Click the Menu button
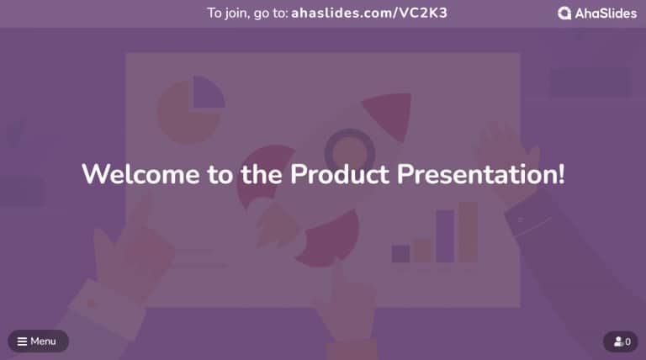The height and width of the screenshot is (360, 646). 38,341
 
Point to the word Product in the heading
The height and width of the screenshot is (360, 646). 340,175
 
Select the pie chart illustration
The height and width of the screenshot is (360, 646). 190,109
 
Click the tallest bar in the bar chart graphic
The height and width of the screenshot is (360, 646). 468,231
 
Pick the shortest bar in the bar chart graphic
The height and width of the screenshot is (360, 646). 400,254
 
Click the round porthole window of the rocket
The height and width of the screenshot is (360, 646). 348,150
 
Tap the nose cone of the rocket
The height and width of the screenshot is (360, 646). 389,114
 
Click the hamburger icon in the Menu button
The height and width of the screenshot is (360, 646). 22,341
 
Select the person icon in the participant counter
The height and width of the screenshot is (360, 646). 617,342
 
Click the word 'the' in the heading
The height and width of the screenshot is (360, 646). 257,175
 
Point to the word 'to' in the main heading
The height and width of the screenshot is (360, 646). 214,175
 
